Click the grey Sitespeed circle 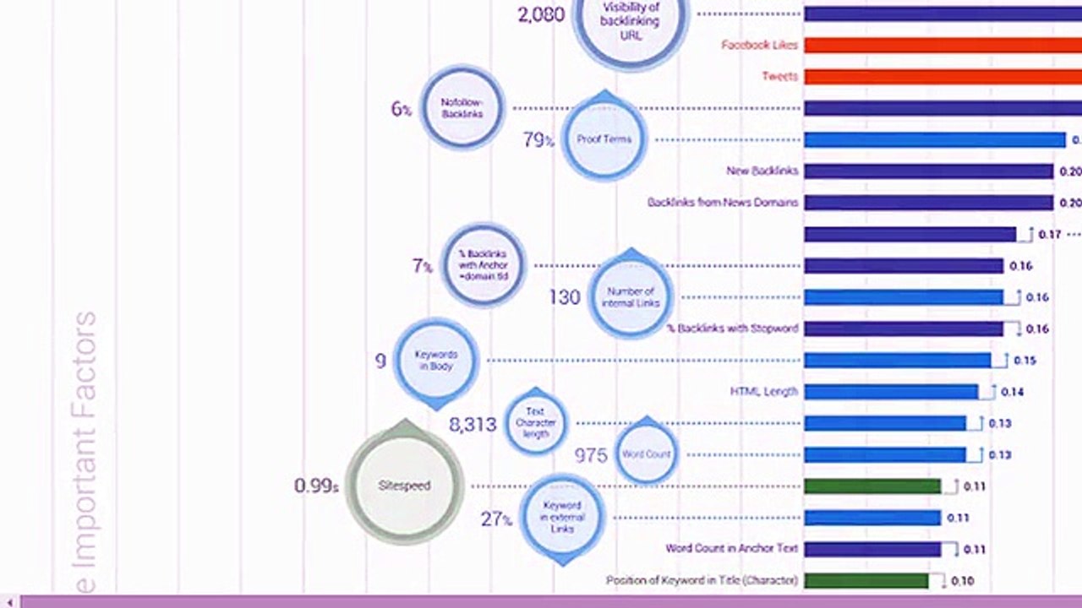tap(405, 486)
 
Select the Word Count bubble tap(646, 453)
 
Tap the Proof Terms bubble tap(604, 139)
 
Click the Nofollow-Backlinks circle tap(462, 108)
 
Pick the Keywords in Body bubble tap(436, 361)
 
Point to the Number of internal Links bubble tap(631, 297)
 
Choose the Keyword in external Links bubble tap(561, 517)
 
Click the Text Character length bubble tap(535, 423)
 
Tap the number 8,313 tap(473, 425)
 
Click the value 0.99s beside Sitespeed tap(316, 486)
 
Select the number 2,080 tap(541, 14)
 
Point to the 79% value tap(538, 140)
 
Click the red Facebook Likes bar tap(938, 45)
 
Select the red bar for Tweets tap(938, 77)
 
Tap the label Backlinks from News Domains tap(722, 203)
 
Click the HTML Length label tap(763, 392)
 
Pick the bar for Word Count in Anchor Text tap(872, 549)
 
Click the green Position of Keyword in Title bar tap(866, 581)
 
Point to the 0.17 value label tap(1049, 235)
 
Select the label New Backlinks tap(762, 171)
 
